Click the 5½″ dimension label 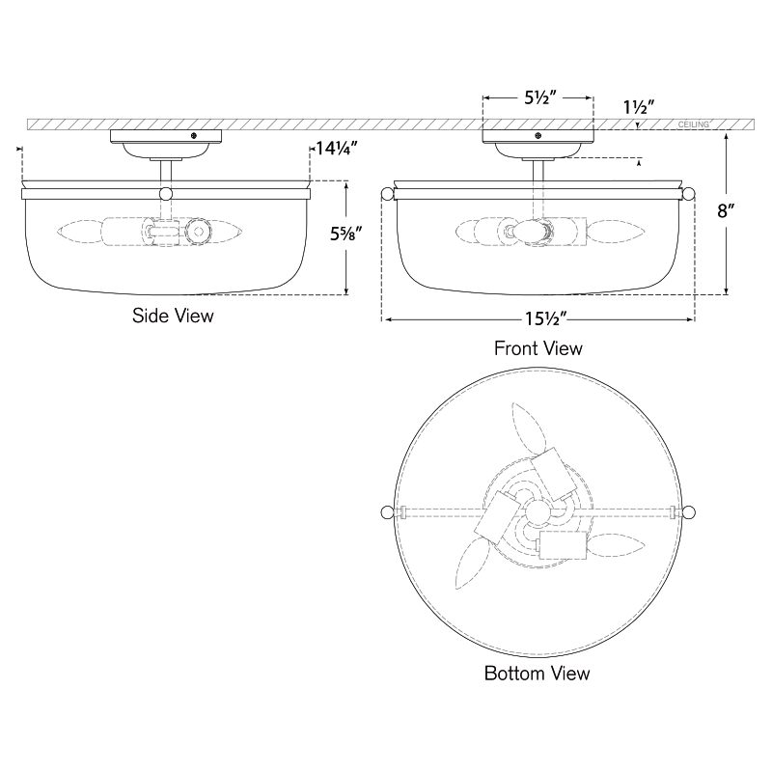(x=540, y=98)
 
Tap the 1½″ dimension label (x=639, y=107)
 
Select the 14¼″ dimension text (x=337, y=148)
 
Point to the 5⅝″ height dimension (x=346, y=234)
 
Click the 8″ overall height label (x=726, y=211)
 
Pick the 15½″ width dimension (x=546, y=319)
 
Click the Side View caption (x=173, y=316)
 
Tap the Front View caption (x=538, y=348)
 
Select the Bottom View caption (x=538, y=673)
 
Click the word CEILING (x=693, y=124)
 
